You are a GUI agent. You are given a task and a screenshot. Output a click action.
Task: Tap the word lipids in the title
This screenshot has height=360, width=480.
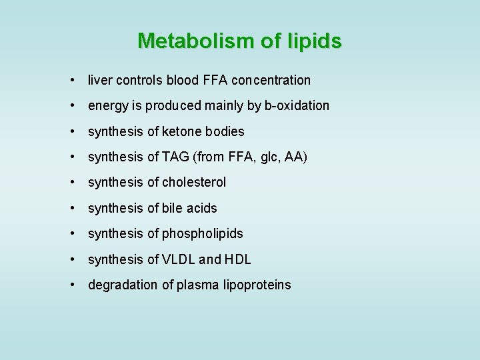click(314, 41)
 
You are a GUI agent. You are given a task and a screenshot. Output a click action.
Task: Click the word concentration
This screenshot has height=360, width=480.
click(271, 80)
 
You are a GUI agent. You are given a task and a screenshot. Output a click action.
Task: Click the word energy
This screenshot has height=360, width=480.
click(107, 106)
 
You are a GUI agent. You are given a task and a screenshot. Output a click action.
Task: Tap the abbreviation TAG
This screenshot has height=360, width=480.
click(170, 157)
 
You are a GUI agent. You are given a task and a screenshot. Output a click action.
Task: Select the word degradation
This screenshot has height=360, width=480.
click(123, 285)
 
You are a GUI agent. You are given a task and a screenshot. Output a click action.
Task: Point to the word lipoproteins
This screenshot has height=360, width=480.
click(257, 285)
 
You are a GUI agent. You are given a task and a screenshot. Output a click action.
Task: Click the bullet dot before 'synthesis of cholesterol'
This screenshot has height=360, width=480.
click(71, 182)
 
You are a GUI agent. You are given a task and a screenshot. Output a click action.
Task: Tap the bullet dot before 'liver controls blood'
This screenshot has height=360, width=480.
click(71, 80)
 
